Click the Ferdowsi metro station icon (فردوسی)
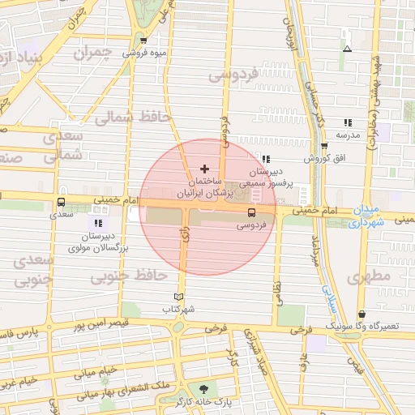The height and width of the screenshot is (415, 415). tap(250, 213)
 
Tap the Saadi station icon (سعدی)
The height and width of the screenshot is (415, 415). tap(62, 203)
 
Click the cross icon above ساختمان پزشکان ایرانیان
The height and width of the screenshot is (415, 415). tap(203, 168)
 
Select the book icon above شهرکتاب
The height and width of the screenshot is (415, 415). tap(179, 297)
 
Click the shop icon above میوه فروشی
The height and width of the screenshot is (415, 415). tap(144, 41)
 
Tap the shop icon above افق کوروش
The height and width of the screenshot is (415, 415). tap(325, 147)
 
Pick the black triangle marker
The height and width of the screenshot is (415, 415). tap(347, 49)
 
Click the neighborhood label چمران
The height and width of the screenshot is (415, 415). tap(91, 54)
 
